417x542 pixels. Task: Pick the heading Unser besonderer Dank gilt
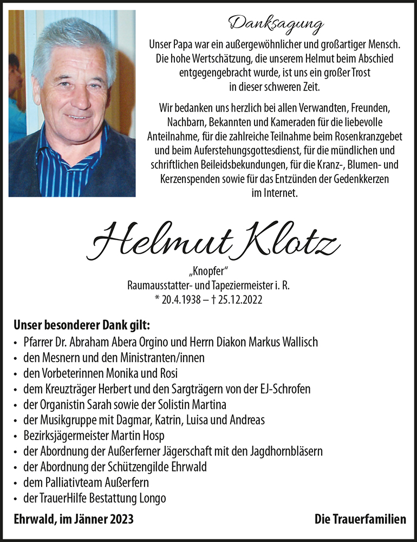(x=82, y=326)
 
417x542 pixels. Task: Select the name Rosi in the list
(x=168, y=373)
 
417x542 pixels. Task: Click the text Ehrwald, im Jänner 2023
(x=73, y=519)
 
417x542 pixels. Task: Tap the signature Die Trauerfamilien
(x=360, y=519)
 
